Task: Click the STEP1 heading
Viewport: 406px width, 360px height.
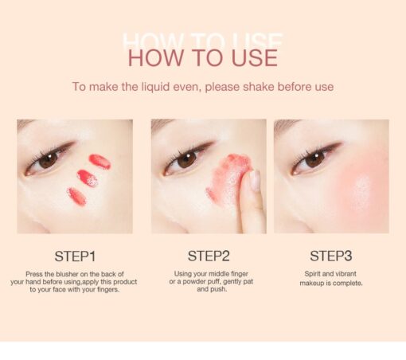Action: pyautogui.click(x=75, y=256)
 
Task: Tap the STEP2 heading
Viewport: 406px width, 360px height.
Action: pyautogui.click(x=209, y=256)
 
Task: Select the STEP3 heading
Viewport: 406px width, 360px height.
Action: pyautogui.click(x=331, y=256)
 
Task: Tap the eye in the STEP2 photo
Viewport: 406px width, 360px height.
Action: pyautogui.click(x=185, y=159)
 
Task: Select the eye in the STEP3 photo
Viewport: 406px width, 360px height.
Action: pyautogui.click(x=314, y=159)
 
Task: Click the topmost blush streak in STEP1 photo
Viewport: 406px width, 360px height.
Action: pyautogui.click(x=100, y=161)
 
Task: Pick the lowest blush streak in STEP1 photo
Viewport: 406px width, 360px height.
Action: pyautogui.click(x=77, y=196)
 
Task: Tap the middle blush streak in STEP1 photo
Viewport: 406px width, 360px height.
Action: pyautogui.click(x=88, y=178)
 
